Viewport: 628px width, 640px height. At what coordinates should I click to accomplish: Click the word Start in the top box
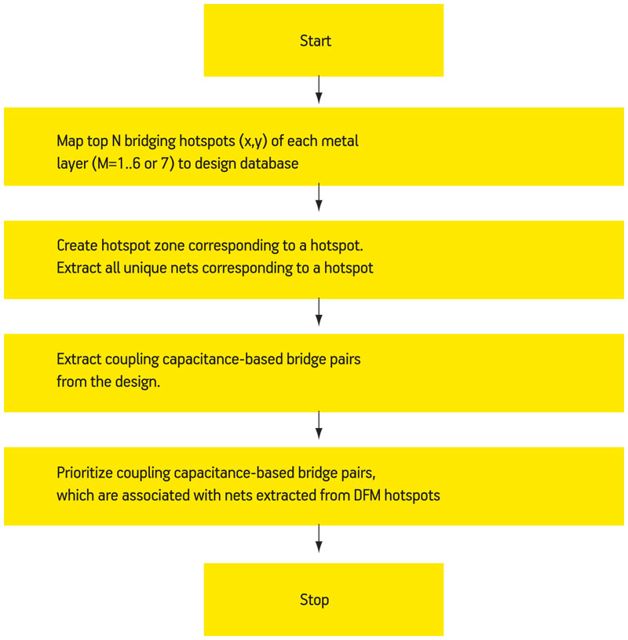[316, 41]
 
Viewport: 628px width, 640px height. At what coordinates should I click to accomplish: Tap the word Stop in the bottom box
[314, 600]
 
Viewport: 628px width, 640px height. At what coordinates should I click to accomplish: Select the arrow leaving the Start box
[319, 90]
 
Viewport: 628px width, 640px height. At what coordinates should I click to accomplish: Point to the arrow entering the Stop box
[319, 539]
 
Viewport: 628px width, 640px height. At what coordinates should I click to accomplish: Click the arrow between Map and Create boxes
[319, 198]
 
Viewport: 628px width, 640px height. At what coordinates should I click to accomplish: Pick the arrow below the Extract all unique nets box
[319, 313]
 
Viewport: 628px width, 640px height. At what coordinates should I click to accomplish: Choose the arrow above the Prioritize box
[319, 426]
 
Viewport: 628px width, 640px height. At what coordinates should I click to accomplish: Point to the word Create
[77, 246]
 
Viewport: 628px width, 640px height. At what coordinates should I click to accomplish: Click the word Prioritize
[85, 473]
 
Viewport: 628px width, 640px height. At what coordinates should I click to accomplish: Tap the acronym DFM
[367, 496]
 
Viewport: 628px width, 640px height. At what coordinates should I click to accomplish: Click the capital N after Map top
[116, 141]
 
